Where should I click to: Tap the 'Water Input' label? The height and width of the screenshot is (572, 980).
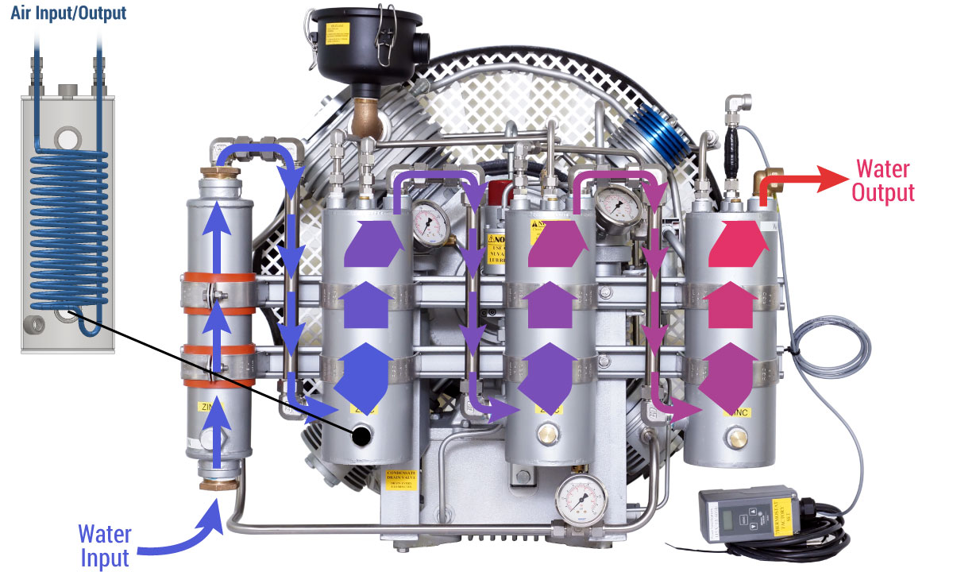[x=104, y=545]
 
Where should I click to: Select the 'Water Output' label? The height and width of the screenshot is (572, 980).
[x=885, y=181]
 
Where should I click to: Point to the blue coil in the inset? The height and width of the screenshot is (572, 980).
[x=68, y=230]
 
